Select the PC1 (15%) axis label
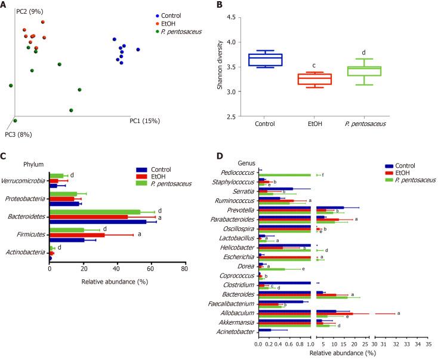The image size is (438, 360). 144,121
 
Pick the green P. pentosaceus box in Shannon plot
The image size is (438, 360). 363,71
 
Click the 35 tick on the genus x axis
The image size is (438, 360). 427,344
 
